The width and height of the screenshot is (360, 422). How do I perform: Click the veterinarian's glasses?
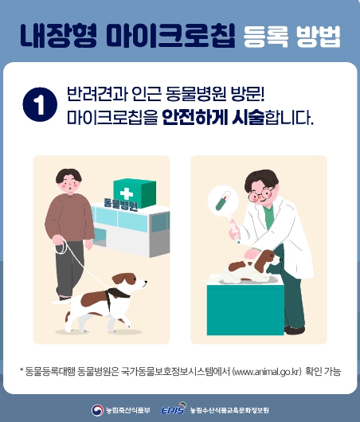click(x=258, y=194)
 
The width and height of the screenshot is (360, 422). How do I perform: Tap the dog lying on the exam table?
click(x=246, y=266)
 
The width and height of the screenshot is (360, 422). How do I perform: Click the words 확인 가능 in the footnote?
click(x=323, y=370)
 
